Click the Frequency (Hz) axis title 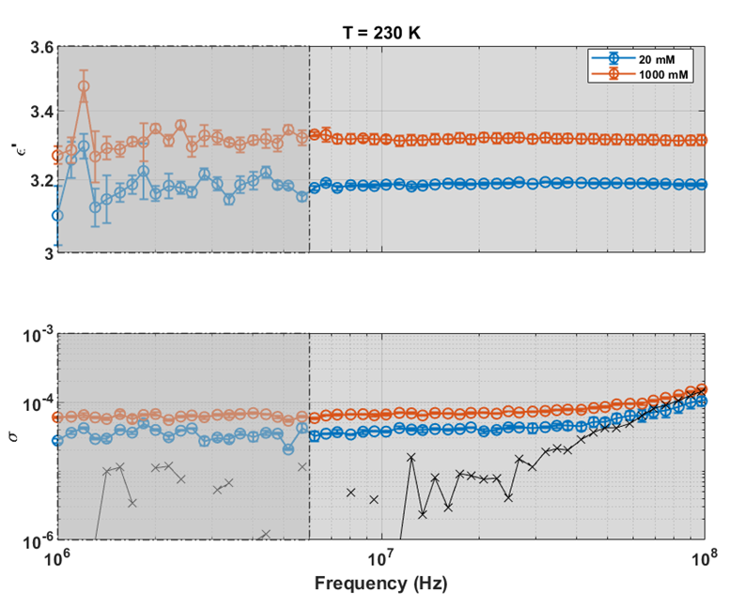(x=381, y=583)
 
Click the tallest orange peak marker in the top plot (x=84, y=86)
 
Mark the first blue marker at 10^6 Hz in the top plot (x=58, y=215)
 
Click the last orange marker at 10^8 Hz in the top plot (x=704, y=140)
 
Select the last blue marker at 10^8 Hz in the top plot (x=704, y=185)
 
